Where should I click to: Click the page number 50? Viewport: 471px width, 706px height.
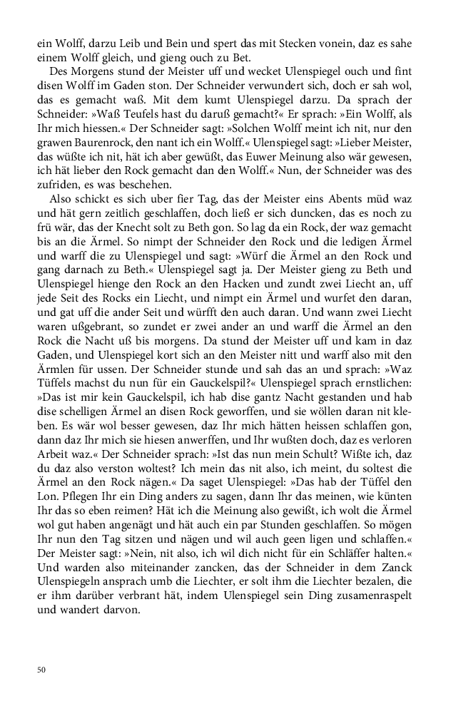click(x=41, y=670)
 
